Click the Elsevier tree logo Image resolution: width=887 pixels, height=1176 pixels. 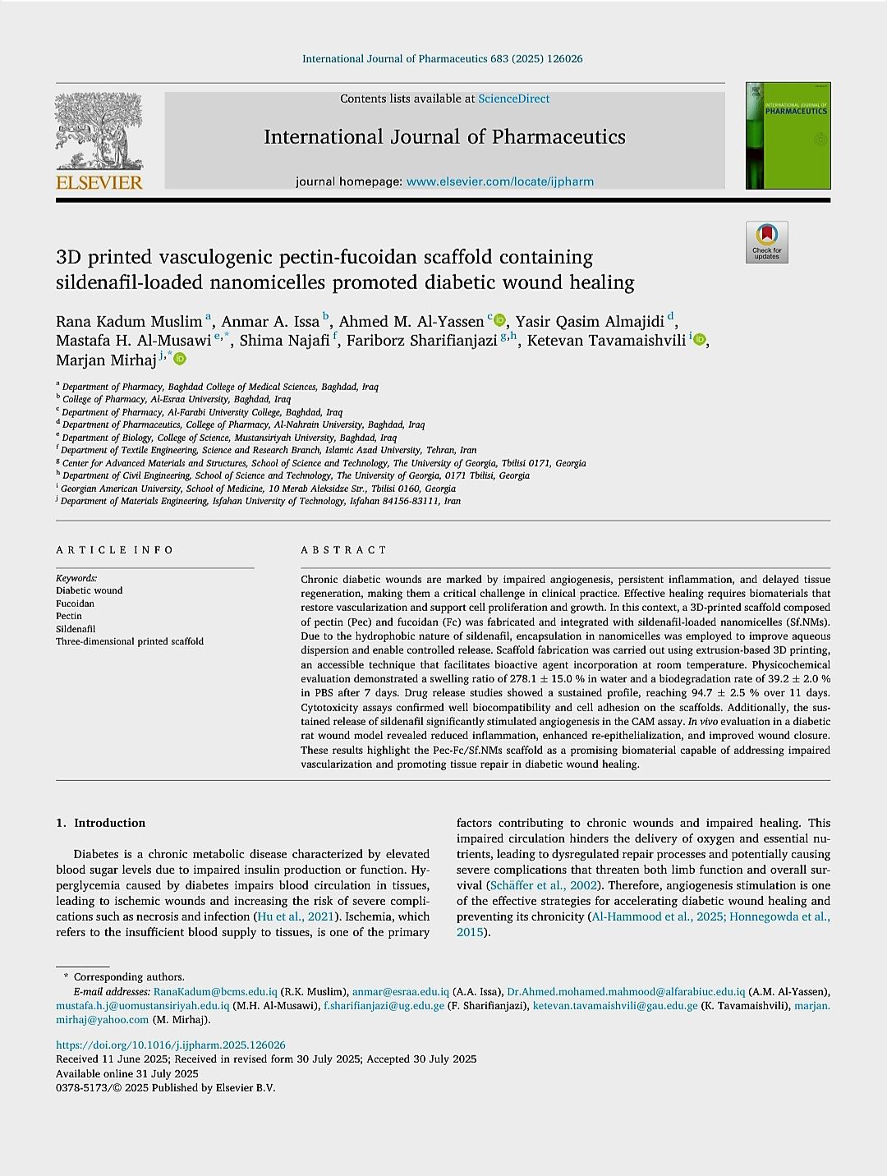[99, 131]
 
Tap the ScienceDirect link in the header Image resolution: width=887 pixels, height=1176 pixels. [513, 99]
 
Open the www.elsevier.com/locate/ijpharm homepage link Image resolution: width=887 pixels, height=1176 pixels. [499, 181]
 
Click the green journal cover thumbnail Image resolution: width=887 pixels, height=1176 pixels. [788, 136]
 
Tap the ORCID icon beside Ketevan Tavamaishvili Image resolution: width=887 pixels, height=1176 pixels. [700, 340]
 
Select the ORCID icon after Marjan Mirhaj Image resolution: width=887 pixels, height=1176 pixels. [181, 360]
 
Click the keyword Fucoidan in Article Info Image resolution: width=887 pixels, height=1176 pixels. [75, 604]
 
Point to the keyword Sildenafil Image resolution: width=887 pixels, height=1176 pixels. [76, 629]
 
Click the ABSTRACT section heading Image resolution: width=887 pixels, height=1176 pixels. [343, 550]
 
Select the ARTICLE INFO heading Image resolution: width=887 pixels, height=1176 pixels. [115, 550]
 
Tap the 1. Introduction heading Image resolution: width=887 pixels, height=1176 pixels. [101, 823]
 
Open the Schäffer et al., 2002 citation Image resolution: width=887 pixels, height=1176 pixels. [543, 885]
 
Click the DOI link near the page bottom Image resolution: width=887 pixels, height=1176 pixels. [170, 1045]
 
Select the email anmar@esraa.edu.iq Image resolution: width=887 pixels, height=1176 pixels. [400, 992]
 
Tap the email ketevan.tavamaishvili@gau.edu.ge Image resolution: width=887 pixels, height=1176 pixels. [615, 1006]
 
